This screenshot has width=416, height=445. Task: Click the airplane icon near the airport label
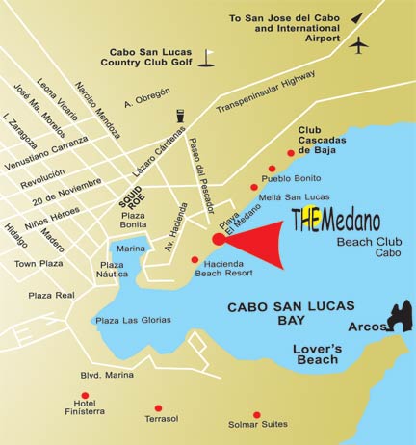click(x=360, y=45)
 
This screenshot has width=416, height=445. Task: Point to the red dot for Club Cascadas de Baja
click(x=291, y=153)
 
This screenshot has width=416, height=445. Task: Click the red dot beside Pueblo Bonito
click(x=272, y=169)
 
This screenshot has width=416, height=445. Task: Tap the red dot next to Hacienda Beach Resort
click(x=195, y=259)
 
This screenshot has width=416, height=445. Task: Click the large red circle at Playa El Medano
click(x=219, y=239)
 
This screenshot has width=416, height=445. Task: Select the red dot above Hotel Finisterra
click(x=86, y=395)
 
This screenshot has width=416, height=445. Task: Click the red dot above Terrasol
click(x=158, y=407)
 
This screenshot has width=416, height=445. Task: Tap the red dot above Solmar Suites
click(x=256, y=414)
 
